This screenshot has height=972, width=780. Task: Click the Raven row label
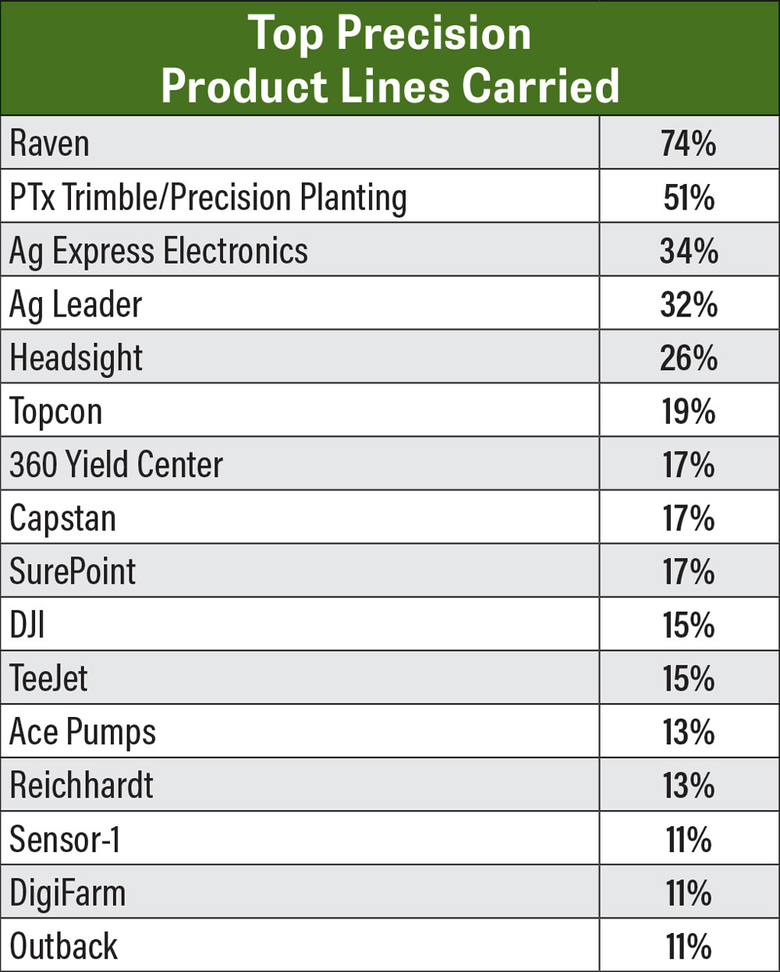pyautogui.click(x=49, y=144)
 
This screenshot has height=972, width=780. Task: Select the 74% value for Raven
pyautogui.click(x=689, y=144)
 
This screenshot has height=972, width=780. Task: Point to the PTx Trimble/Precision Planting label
pyautogui.click(x=208, y=198)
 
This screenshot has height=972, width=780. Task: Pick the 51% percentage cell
pyautogui.click(x=689, y=198)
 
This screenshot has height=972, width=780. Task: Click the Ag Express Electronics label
pyautogui.click(x=158, y=251)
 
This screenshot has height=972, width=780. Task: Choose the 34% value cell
pyautogui.click(x=689, y=251)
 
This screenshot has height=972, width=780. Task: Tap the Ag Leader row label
pyautogui.click(x=76, y=305)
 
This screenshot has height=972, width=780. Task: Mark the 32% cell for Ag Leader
pyautogui.click(x=689, y=305)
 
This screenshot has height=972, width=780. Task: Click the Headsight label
pyautogui.click(x=76, y=358)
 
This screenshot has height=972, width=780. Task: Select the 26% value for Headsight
pyautogui.click(x=689, y=358)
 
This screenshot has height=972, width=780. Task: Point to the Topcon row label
pyautogui.click(x=56, y=412)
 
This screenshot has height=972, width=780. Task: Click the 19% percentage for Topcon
pyautogui.click(x=689, y=412)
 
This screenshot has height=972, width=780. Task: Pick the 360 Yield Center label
pyautogui.click(x=116, y=465)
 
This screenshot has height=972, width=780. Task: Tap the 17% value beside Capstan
pyautogui.click(x=689, y=518)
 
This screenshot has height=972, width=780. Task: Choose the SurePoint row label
pyautogui.click(x=73, y=571)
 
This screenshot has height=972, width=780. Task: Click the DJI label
pyautogui.click(x=27, y=625)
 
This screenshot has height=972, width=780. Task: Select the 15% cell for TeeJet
pyautogui.click(x=689, y=678)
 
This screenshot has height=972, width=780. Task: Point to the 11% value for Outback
pyautogui.click(x=689, y=946)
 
